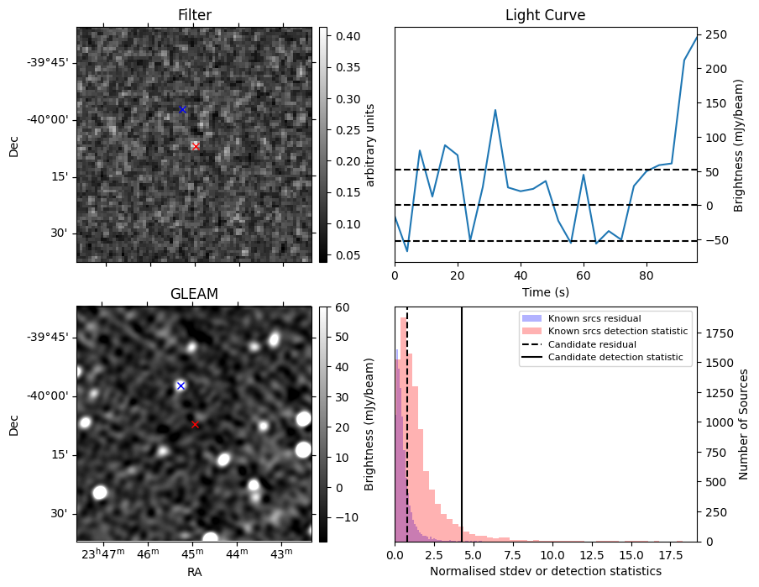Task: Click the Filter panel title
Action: coord(194,15)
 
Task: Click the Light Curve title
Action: coord(545,15)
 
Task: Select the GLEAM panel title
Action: coord(194,294)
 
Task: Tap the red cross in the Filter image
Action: coord(196,146)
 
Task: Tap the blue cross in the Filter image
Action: coord(182,109)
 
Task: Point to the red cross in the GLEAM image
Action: coord(195,424)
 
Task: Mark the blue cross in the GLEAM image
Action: coord(181,385)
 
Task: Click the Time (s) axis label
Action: coord(545,291)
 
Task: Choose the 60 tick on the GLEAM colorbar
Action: coord(341,307)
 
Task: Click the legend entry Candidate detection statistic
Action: coord(617,358)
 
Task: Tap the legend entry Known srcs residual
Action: coord(594,318)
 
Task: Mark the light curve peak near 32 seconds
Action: coord(495,110)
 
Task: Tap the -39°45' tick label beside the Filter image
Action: coord(48,62)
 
